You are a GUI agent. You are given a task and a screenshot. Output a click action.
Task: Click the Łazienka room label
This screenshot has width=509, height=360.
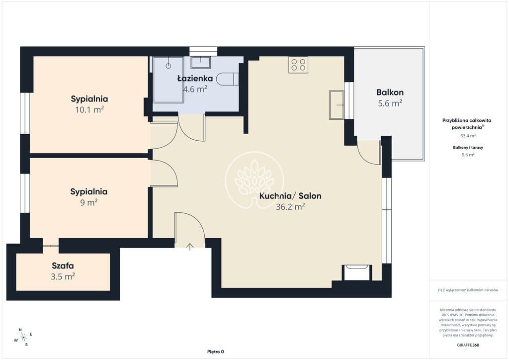(x=195, y=78)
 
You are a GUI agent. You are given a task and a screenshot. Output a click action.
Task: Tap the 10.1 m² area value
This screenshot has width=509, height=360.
(x=89, y=109)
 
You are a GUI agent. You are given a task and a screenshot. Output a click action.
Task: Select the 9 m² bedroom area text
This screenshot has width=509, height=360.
(x=89, y=202)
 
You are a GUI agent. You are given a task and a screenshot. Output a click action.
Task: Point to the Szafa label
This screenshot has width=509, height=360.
(x=63, y=266)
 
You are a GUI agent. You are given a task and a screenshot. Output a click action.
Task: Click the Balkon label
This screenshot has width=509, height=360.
(x=390, y=92)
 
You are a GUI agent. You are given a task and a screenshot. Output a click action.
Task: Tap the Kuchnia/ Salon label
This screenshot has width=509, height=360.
(x=290, y=196)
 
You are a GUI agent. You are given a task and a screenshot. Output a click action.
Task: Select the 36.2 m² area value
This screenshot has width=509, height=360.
(x=290, y=206)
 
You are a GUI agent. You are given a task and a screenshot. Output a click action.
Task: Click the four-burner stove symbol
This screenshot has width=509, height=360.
(x=298, y=64)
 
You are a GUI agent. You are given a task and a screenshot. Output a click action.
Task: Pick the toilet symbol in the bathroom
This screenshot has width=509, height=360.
(x=228, y=79)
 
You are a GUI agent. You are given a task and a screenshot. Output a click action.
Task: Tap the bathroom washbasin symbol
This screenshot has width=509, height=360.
(x=201, y=62)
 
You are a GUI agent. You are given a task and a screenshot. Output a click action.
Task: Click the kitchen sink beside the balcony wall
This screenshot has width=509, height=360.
(x=337, y=104)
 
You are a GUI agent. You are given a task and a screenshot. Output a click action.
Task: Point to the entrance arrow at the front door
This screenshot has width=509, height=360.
(x=190, y=247)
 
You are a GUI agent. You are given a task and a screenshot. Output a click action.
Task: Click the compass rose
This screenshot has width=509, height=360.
(x=23, y=338)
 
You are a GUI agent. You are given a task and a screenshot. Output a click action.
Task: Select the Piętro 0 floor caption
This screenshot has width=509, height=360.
(x=216, y=352)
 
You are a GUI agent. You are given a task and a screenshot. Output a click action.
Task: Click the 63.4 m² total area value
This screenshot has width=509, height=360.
(x=468, y=136)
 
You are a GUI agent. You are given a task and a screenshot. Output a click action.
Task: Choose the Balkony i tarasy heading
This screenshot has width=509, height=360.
(x=468, y=147)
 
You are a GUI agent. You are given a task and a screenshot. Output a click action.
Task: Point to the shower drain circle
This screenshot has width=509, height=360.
(x=168, y=66)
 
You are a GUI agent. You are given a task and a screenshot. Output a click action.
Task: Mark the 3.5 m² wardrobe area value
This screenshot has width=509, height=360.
(x=63, y=276)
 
